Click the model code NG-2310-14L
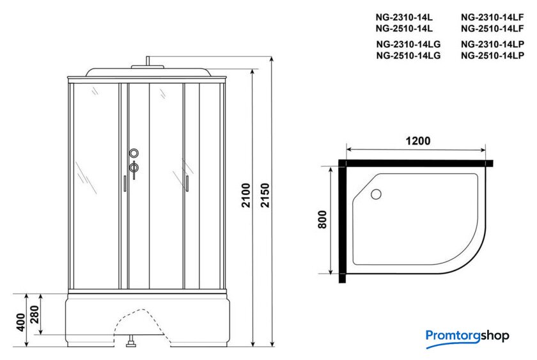pos(404,17)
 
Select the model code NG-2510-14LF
pos(492,28)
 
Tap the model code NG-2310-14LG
pos(409,44)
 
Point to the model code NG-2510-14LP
pos(492,56)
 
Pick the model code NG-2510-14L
pos(404,28)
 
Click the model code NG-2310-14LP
pos(492,44)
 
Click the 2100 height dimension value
pos(246,195)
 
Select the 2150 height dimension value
pos(265,195)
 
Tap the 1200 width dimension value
pos(418,141)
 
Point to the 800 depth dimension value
pos(322,219)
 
